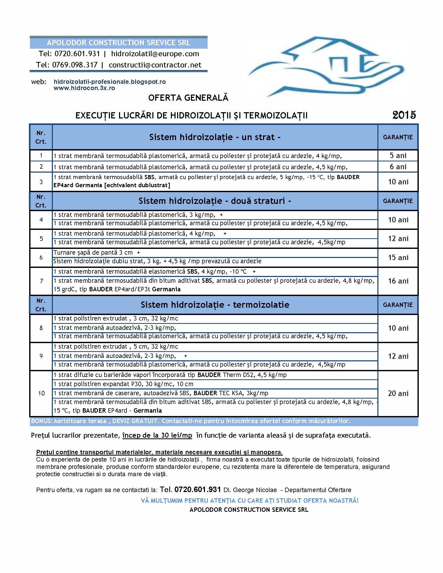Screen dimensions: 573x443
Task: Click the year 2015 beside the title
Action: pyautogui.click(x=404, y=115)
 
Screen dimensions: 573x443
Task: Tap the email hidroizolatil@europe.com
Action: pyautogui.click(x=155, y=54)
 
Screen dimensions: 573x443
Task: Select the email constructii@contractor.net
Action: pyautogui.click(x=155, y=65)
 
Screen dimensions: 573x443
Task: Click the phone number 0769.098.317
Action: pyautogui.click(x=75, y=65)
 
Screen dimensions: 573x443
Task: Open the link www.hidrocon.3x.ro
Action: pyautogui.click(x=84, y=88)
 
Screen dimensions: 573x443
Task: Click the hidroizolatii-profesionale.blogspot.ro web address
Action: pyautogui.click(x=109, y=81)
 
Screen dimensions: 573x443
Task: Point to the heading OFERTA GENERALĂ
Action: pyautogui.click(x=188, y=98)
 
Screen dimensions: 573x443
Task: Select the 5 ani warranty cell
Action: pyautogui.click(x=398, y=155)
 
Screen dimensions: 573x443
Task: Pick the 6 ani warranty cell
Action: pyautogui.click(x=398, y=167)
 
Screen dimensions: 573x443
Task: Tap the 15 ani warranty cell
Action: pyautogui.click(x=398, y=258)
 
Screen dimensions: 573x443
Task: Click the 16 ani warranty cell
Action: pyautogui.click(x=398, y=281)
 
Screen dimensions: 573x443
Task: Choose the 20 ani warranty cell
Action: pyautogui.click(x=398, y=393)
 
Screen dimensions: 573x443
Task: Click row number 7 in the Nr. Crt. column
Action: pyautogui.click(x=41, y=281)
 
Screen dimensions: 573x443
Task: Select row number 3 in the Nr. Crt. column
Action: pyautogui.click(x=41, y=181)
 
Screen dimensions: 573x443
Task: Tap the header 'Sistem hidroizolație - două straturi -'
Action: pyautogui.click(x=215, y=201)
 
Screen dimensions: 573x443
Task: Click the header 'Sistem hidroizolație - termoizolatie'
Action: pyautogui.click(x=215, y=305)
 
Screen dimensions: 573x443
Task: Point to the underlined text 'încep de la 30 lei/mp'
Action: pyautogui.click(x=157, y=435)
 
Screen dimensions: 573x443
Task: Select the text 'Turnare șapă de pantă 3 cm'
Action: pyautogui.click(x=93, y=253)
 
